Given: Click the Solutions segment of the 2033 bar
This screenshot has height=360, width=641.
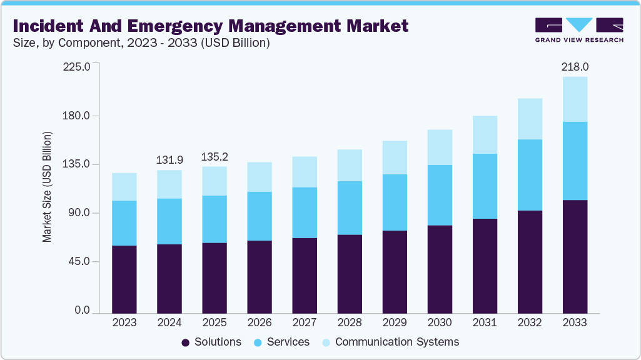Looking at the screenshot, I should click(575, 256).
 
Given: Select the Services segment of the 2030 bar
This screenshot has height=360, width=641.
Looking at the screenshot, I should click(440, 195).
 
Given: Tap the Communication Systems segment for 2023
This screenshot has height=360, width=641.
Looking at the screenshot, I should click(124, 187).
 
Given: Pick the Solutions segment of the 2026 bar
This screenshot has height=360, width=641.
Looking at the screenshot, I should click(260, 276).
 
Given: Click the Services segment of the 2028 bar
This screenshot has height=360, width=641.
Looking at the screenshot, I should click(350, 208).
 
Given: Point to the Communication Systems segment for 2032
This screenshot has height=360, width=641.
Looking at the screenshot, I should click(530, 119).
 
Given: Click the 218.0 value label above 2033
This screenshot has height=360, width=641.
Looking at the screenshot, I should click(575, 66).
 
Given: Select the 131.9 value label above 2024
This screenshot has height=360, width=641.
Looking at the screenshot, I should click(169, 160).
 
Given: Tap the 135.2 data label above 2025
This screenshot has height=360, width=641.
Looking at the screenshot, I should click(215, 156).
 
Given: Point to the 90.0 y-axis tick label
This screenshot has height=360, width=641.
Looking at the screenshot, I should click(79, 213).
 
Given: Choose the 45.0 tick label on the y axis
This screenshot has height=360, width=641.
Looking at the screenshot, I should click(79, 262).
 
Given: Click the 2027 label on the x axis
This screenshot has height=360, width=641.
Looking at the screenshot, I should click(305, 323).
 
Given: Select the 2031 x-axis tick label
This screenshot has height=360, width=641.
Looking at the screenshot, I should click(485, 323).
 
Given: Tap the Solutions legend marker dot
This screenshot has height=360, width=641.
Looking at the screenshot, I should click(186, 342).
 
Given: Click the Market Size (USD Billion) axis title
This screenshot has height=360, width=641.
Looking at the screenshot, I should click(48, 187).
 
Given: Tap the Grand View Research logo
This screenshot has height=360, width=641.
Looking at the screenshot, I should click(579, 29).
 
